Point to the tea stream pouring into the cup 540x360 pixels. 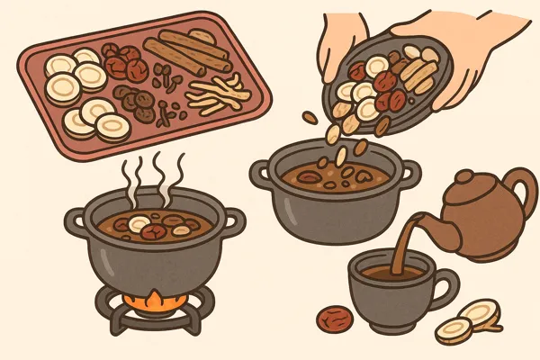pyautogui.click(x=410, y=243)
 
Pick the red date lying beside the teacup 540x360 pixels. pyautogui.click(x=336, y=319)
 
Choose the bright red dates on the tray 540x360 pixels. pyautogui.click(x=122, y=63)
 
